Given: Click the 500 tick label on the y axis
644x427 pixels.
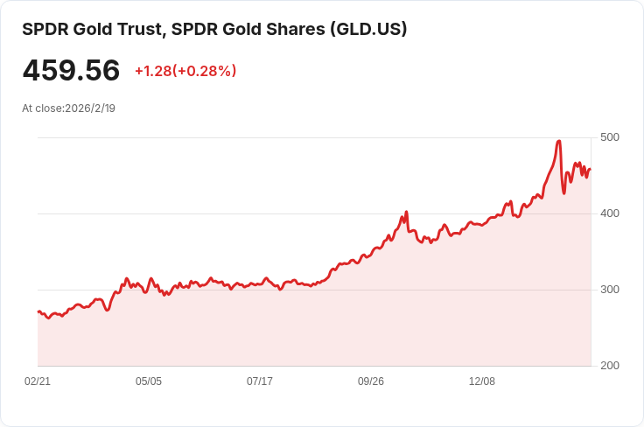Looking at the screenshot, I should (609, 137).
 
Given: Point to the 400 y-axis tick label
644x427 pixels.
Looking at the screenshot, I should (609, 213).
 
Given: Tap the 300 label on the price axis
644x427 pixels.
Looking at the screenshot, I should (609, 290).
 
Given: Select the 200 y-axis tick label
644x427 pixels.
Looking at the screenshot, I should (609, 366).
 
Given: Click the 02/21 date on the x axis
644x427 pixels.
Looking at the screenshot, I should (38, 381).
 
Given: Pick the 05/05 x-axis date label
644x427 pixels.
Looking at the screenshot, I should (149, 381).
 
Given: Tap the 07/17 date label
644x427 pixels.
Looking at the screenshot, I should (260, 381).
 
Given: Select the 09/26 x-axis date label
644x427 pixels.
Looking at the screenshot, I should (371, 381).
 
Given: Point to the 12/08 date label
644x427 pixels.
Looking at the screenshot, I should (482, 381).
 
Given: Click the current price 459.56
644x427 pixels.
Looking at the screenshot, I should (71, 71).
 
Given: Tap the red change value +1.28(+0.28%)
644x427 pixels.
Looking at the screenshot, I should (185, 71).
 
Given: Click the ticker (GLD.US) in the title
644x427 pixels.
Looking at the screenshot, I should (368, 29).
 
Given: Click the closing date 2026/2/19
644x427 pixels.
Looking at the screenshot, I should (90, 108).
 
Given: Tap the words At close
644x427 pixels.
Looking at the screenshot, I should (42, 108).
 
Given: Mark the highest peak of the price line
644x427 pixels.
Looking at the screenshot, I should (559, 141).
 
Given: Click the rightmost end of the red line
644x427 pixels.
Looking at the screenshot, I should (591, 170).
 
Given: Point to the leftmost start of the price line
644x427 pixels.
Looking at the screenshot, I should (38, 311).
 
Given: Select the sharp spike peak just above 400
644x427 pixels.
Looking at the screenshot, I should (406, 212).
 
